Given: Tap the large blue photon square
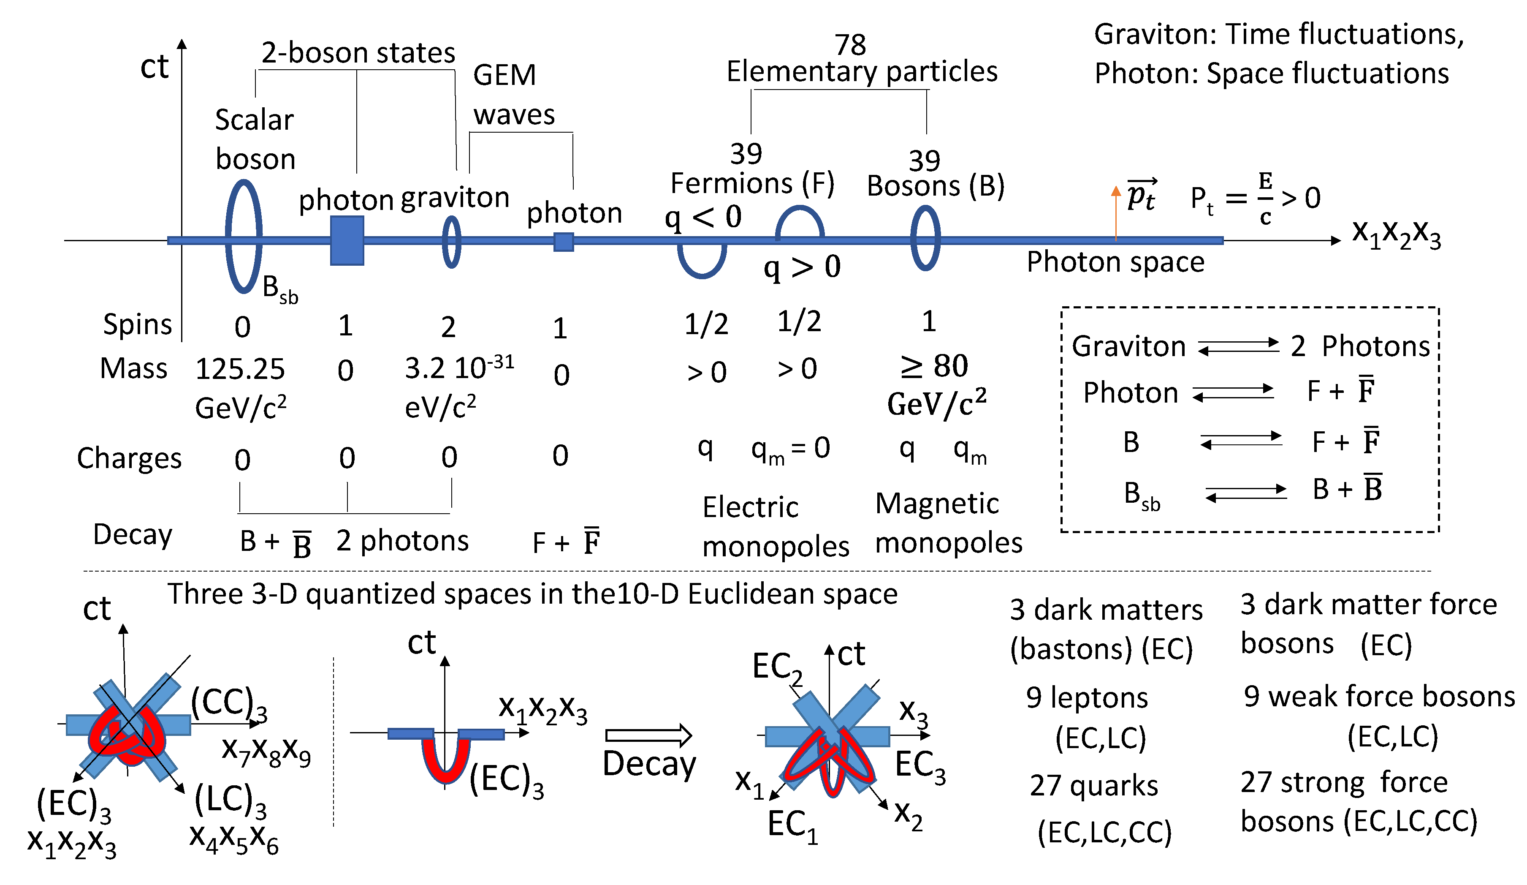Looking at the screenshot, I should (347, 241).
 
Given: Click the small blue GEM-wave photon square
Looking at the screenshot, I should (564, 242).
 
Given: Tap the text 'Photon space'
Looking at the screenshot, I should (1115, 262).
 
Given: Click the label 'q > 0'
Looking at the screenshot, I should (802, 267).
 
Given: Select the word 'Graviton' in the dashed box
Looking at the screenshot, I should (1128, 346).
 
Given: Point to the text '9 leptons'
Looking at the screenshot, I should (1087, 698).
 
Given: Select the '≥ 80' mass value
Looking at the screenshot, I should (934, 365).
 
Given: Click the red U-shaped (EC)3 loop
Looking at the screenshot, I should (445, 761).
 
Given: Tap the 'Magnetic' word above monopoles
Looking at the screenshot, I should (937, 503).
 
